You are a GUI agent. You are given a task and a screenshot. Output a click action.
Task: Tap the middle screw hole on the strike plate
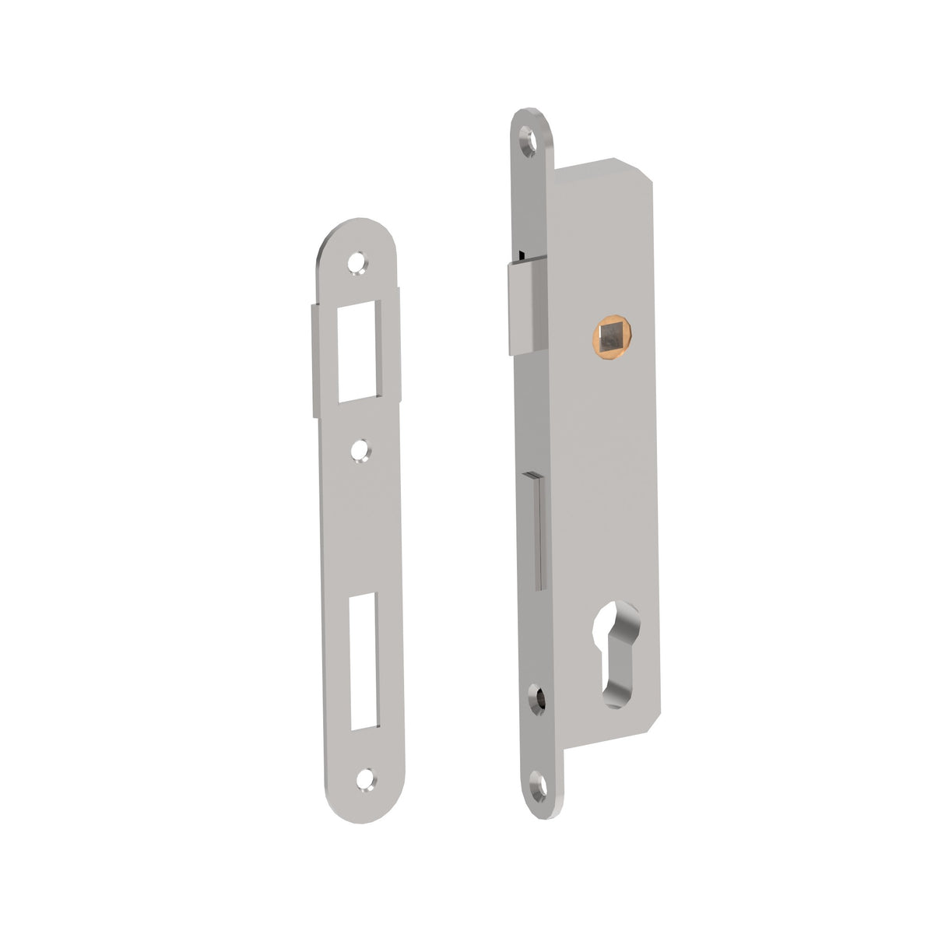359,450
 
